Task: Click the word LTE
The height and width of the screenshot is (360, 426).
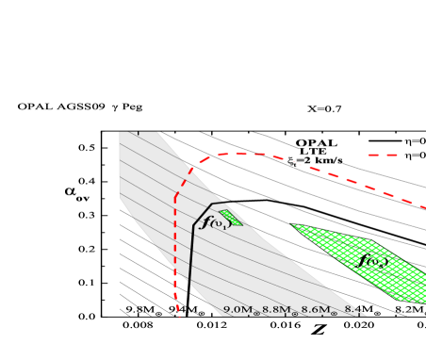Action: [313, 151]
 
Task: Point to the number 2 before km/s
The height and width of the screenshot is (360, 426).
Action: [307, 161]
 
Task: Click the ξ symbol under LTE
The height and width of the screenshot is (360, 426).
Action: [293, 162]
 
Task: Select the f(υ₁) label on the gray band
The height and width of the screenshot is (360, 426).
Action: [216, 222]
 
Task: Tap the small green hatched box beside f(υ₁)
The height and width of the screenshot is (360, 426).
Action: [231, 218]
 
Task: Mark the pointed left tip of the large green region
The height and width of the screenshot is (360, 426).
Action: [292, 224]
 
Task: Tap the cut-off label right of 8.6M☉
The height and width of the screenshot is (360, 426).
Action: [352, 310]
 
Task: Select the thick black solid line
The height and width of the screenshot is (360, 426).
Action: [192, 245]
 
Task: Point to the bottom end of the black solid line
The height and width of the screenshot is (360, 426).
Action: [189, 283]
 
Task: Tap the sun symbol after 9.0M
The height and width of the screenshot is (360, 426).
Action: [255, 312]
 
